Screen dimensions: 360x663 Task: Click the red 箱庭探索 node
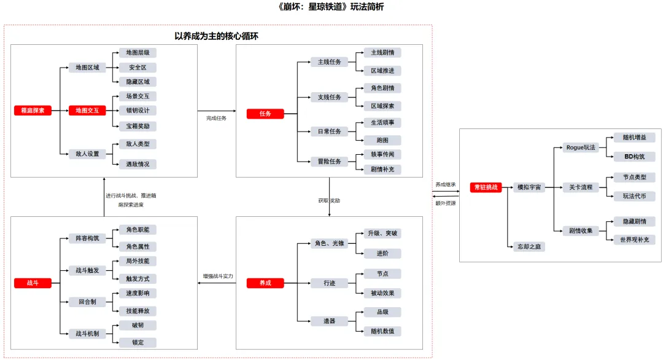33,111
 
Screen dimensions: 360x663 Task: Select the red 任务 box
265,114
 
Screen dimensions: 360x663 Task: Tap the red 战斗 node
33,283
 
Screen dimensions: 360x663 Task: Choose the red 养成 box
265,283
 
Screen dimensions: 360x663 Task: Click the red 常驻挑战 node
486,187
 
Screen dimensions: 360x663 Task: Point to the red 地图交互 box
87,111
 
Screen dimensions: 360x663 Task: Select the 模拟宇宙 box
529,187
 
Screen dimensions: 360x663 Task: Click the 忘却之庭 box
529,246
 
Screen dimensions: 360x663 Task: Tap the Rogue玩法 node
581,147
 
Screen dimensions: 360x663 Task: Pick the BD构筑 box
634,157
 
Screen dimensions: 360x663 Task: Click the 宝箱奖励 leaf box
138,126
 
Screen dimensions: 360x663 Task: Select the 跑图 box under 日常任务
382,140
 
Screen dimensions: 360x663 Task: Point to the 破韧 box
138,325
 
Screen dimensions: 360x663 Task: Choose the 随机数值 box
382,331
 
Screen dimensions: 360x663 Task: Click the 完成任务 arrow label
216,118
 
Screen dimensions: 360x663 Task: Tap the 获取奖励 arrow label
329,201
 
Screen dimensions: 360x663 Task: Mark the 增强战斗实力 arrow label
218,276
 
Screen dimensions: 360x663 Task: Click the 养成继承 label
446,184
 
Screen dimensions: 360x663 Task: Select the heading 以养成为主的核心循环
216,36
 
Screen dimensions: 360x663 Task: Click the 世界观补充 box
634,240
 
